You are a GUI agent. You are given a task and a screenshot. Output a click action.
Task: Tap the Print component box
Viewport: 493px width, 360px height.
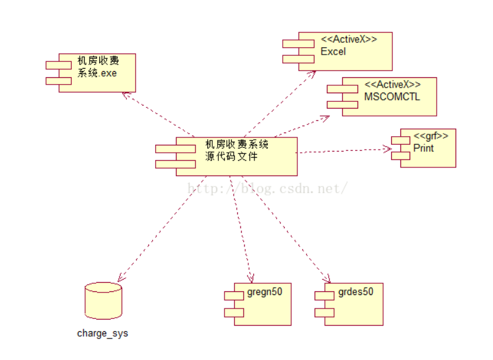(x=426, y=148)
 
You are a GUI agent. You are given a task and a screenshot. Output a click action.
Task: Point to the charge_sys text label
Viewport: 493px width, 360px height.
(x=102, y=334)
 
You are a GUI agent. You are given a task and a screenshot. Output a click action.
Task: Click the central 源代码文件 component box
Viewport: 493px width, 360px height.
(x=233, y=156)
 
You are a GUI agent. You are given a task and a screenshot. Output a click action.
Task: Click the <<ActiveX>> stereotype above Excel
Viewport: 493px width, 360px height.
(x=349, y=40)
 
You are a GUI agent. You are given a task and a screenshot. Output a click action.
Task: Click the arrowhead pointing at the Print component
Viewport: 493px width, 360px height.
(x=388, y=148)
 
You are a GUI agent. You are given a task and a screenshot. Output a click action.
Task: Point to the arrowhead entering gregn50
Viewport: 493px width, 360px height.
(x=251, y=279)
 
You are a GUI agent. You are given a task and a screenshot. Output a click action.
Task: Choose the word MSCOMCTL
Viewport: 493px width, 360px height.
(x=392, y=96)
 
